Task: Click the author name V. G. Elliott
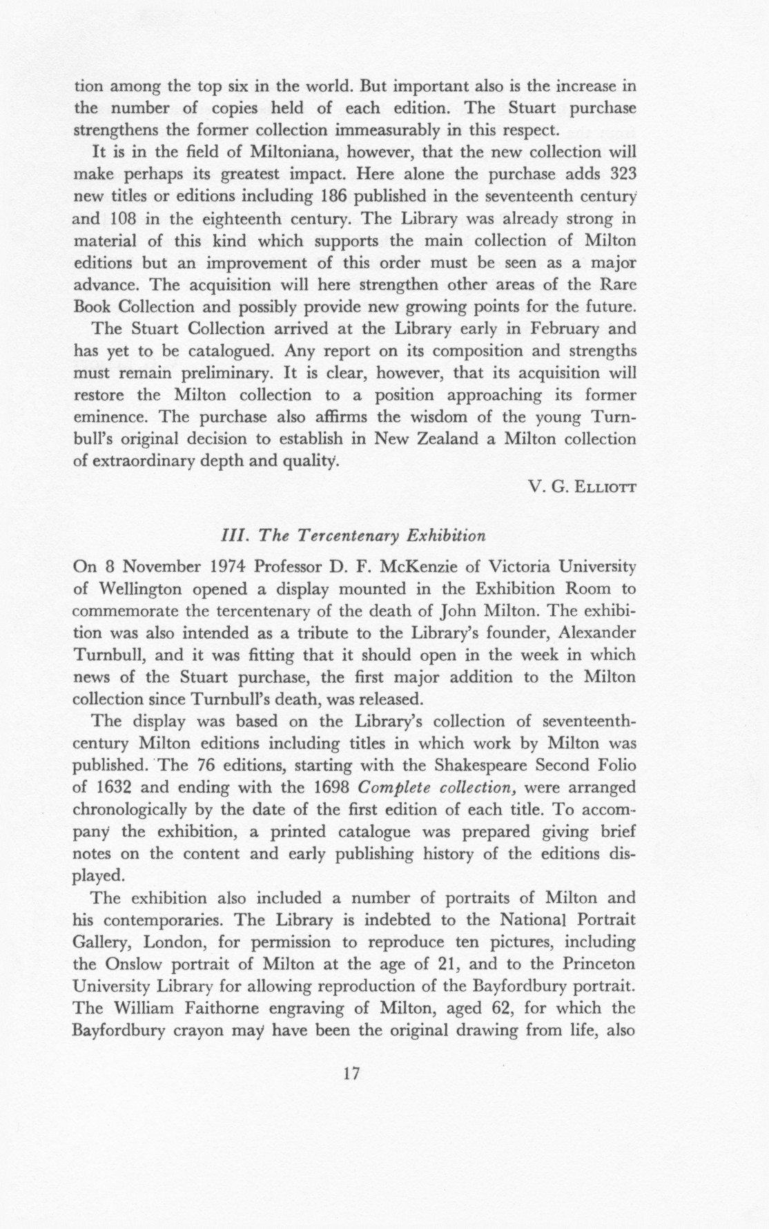tap(581, 487)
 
